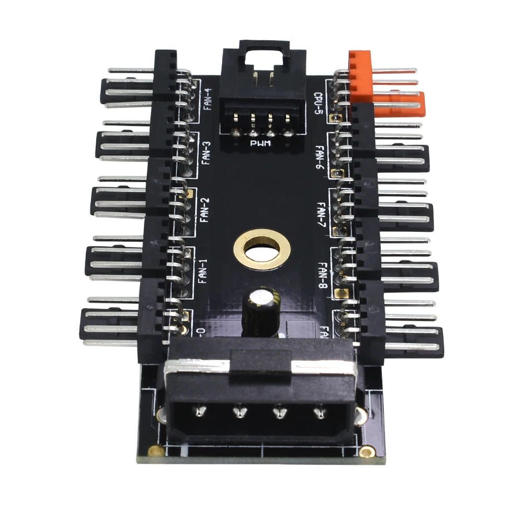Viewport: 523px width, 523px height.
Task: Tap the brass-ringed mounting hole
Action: [261, 249]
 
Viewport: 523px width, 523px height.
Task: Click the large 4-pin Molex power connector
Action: [261, 397]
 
